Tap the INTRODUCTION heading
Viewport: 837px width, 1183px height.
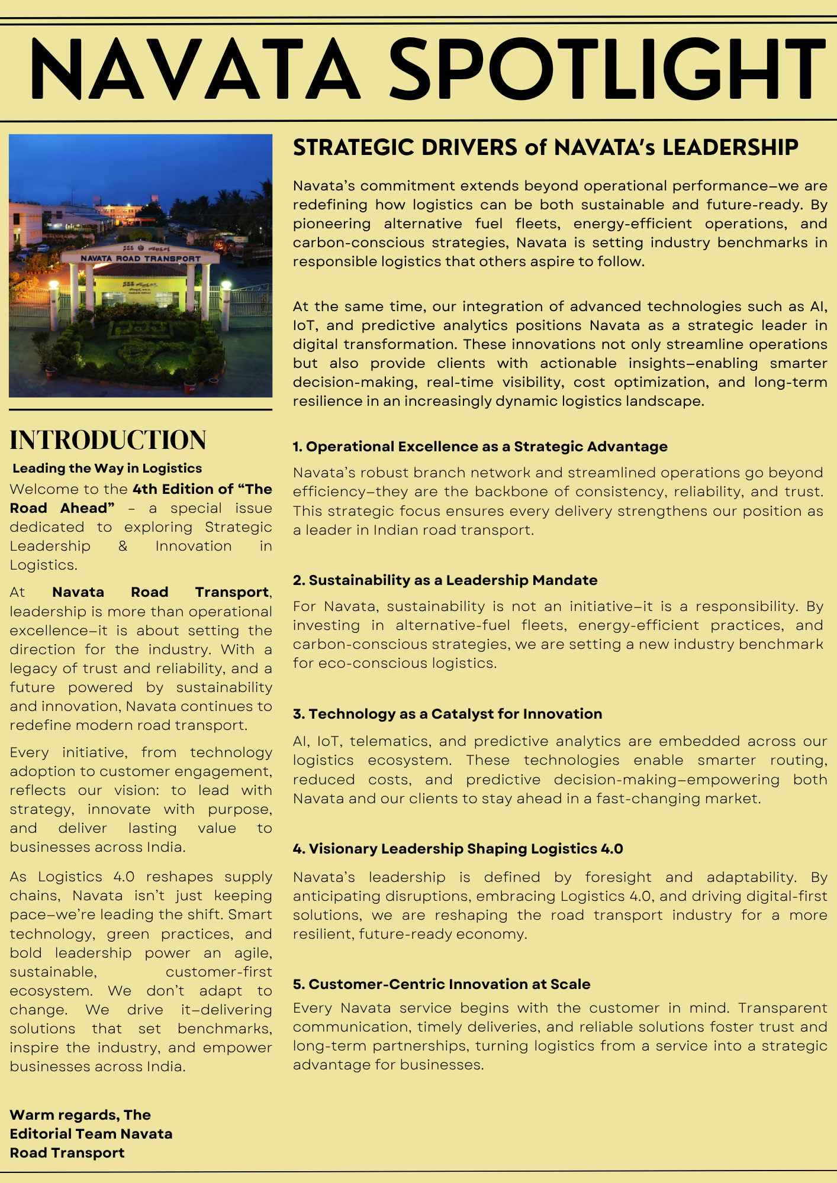(108, 440)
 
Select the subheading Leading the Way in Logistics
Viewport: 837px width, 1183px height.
(107, 468)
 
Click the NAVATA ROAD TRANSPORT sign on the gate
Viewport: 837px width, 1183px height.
(140, 258)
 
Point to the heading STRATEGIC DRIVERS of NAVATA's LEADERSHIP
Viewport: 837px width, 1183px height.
(545, 147)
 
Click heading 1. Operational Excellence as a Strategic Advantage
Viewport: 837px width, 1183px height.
(480, 447)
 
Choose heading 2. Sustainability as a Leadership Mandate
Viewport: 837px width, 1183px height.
(445, 580)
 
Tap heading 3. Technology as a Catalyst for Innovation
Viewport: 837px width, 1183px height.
(448, 714)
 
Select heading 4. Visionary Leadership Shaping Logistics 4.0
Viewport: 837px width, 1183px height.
(458, 849)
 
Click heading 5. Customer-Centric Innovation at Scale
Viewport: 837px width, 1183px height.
(442, 984)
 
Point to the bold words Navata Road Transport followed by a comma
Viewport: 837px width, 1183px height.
(160, 592)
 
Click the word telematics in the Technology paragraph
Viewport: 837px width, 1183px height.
(389, 741)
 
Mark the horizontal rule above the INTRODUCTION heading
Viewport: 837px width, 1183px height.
(140, 409)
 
